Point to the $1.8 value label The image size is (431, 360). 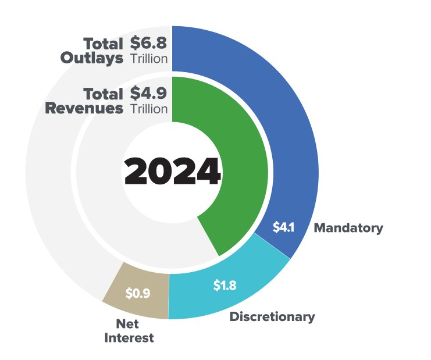coord(224,286)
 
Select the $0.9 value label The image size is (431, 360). coord(138,293)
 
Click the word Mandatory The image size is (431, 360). coord(348,228)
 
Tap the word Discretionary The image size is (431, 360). coord(272,317)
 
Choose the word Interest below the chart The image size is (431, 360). coord(129,338)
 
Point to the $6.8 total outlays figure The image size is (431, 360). coord(148,44)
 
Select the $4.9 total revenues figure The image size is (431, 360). coord(148,94)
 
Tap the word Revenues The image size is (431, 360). coord(84,108)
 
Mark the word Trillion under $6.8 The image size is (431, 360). coord(148,59)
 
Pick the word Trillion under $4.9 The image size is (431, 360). coord(148,109)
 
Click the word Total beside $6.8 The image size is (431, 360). coord(103,44)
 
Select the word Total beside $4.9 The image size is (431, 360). coord(103,94)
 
